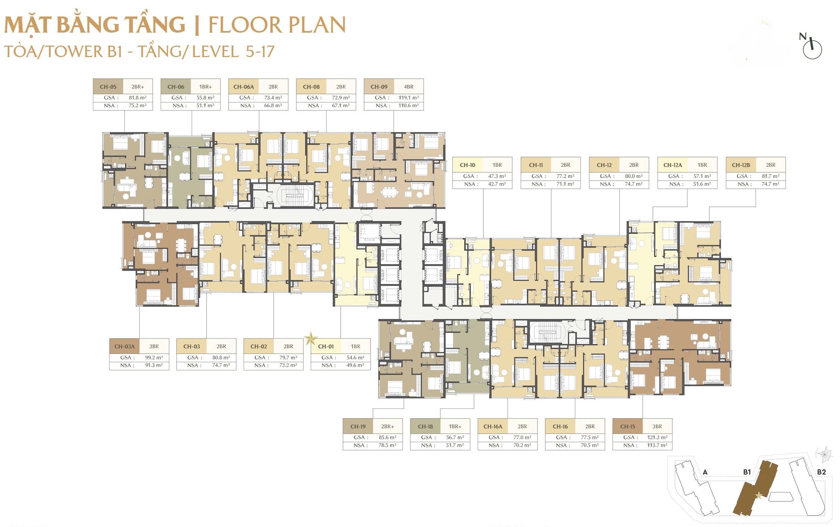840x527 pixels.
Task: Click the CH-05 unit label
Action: point(108,87)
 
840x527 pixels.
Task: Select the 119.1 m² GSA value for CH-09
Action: point(408,98)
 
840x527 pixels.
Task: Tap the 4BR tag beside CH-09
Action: point(409,87)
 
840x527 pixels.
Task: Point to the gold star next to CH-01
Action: point(311,339)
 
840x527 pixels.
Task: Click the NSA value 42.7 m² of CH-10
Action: point(497,184)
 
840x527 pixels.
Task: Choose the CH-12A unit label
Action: point(673,165)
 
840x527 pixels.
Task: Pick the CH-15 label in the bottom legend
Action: point(627,426)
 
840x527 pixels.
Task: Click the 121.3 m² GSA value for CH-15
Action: point(657,437)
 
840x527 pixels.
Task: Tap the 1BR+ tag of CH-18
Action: point(455,426)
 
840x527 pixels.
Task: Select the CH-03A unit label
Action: point(124,346)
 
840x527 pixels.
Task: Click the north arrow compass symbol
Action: point(812,49)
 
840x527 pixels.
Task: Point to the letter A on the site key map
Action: point(705,472)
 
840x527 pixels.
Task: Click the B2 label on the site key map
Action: point(821,472)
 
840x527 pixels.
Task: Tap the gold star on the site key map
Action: point(758,495)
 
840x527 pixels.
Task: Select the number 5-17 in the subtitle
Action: point(260,51)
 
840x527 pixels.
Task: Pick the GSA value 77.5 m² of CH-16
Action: point(590,437)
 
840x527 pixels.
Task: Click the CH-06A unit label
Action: point(244,87)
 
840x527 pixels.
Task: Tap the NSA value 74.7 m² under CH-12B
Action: point(770,184)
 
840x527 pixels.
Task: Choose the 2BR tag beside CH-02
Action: point(288,346)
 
